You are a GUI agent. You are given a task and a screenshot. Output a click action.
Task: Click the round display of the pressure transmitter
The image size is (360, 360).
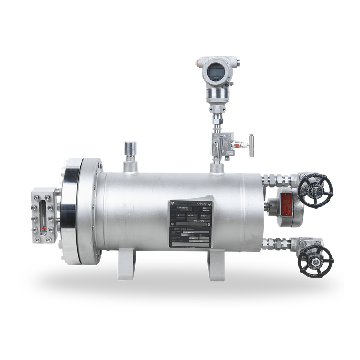click(217, 72)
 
